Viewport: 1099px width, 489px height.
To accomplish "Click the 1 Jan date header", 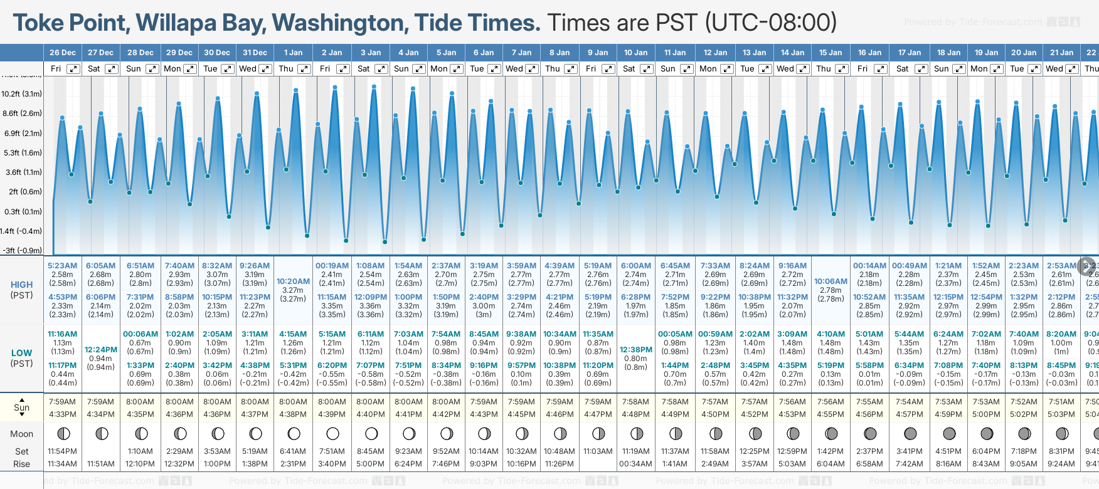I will [293, 53].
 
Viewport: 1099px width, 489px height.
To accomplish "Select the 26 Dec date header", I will [63, 53].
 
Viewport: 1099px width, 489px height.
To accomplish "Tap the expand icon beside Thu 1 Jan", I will [304, 69].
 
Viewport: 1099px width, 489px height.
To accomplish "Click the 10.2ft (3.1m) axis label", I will [22, 94].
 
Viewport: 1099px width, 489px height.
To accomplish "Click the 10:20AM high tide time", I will [293, 281].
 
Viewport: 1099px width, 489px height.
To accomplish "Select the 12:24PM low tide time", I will [101, 349].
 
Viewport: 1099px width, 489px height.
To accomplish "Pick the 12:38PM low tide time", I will [635, 349].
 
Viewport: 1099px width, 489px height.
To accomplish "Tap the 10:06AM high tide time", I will [831, 281].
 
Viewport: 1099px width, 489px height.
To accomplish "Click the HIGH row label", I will [22, 285].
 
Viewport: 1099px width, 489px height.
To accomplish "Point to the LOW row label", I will [22, 353].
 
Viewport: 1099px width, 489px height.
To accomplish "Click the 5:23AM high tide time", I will [63, 266].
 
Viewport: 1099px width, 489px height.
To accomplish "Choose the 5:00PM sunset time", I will [986, 414].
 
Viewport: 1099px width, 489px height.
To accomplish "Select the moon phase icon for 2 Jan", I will [332, 433].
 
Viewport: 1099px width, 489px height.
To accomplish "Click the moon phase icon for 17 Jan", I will [910, 433].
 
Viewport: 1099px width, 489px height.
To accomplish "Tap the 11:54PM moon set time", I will [63, 451].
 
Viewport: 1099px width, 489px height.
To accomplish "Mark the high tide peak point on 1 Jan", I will [295, 90].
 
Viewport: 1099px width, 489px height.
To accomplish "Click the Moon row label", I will [22, 434].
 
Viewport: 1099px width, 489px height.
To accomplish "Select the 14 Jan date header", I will [793, 53].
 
